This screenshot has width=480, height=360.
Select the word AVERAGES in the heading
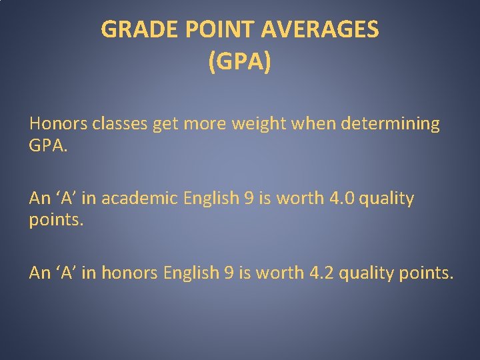tap(320, 29)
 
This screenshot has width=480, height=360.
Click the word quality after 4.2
tap(367, 273)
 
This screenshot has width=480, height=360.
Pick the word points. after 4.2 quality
tap(427, 273)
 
